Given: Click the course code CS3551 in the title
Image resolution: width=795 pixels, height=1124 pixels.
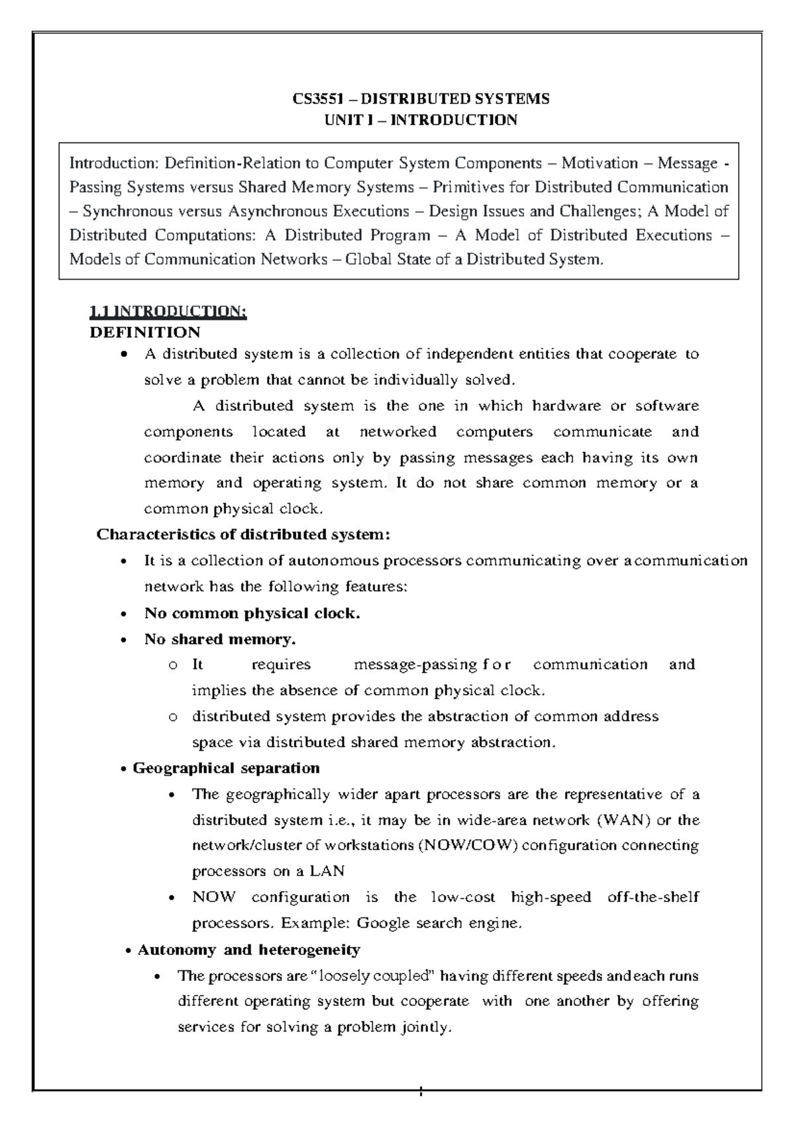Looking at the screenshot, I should click(316, 99).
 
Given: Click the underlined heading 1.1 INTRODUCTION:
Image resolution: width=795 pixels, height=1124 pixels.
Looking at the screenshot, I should click(168, 311).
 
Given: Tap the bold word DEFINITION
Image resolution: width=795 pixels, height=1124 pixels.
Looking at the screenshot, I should click(145, 332).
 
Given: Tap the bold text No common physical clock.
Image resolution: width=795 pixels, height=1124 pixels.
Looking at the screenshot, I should click(252, 613).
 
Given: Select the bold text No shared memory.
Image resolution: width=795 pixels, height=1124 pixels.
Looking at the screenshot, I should click(220, 639).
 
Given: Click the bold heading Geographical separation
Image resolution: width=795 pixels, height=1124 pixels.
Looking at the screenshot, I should click(226, 768).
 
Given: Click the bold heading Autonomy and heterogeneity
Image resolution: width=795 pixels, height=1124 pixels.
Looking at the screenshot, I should click(248, 950).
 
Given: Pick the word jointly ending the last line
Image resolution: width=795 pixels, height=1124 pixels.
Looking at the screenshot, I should click(425, 1028).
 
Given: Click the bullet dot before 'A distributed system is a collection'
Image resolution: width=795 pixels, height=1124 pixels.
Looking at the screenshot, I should click(124, 355).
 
